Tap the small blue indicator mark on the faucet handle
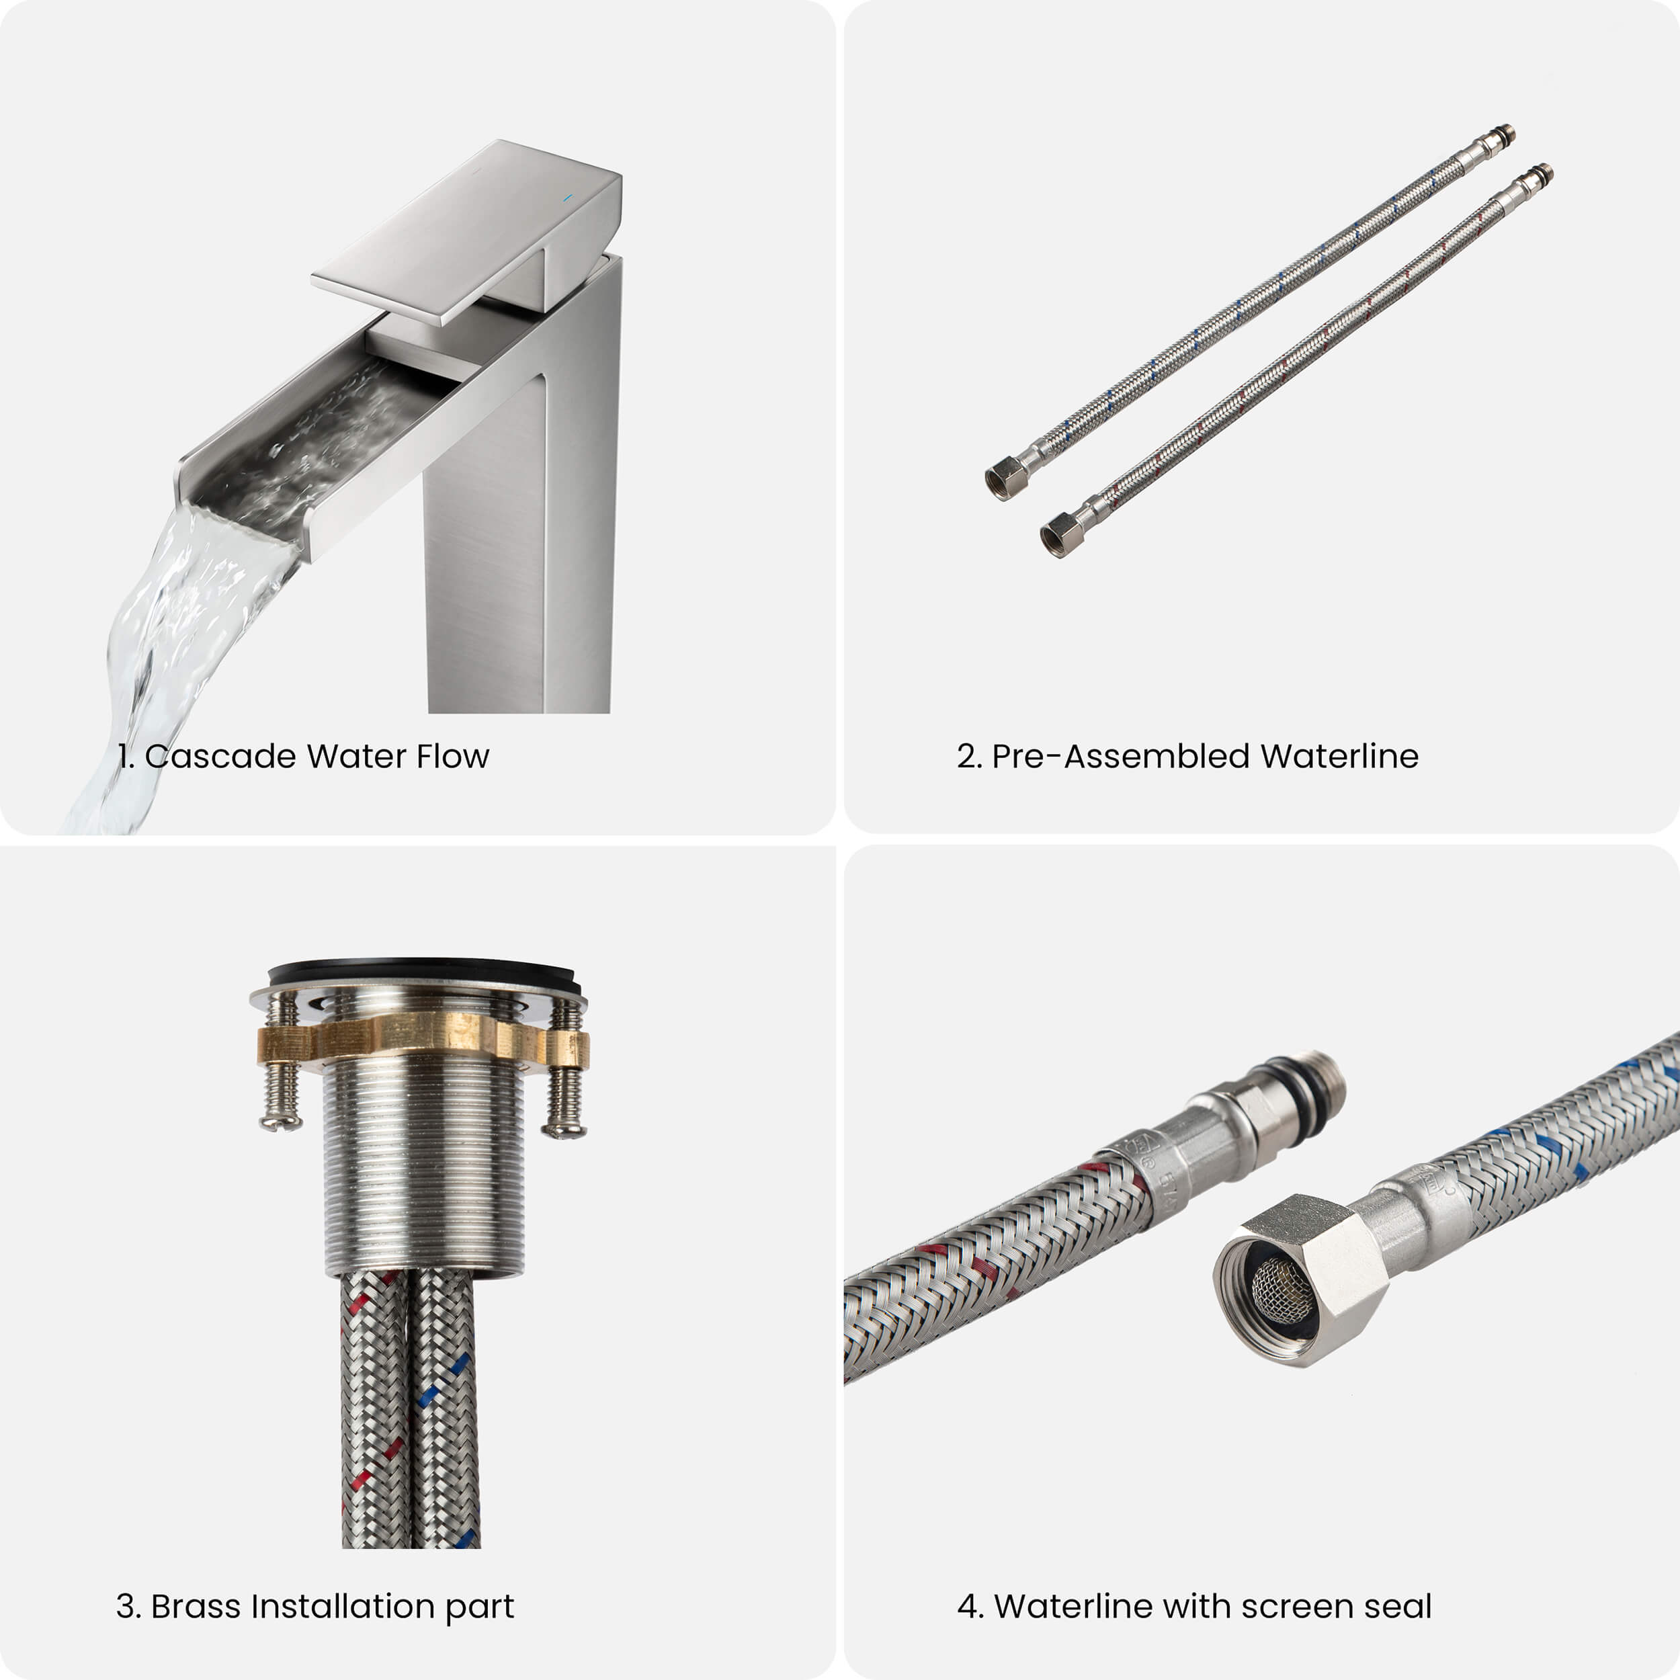click(567, 198)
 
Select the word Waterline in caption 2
click(1339, 757)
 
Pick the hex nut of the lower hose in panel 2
click(1062, 534)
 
